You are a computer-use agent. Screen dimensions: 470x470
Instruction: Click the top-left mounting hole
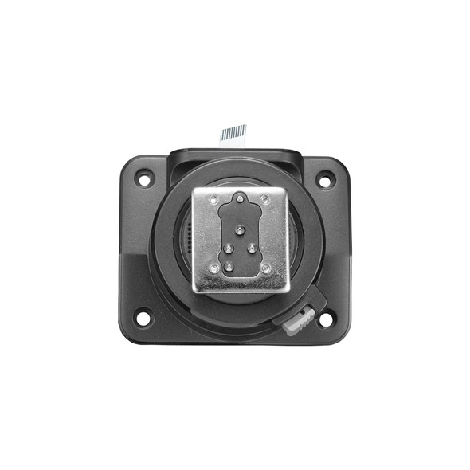click(x=143, y=179)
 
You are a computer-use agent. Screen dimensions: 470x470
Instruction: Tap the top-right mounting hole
click(x=325, y=181)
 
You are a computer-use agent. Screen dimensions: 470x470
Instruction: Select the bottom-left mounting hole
click(x=143, y=319)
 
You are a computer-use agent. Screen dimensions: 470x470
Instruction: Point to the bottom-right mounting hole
click(x=325, y=320)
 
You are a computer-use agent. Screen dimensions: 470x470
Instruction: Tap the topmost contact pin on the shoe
click(x=240, y=198)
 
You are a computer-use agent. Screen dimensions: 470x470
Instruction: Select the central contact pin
click(x=239, y=231)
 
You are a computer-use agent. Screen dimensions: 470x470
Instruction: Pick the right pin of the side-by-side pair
click(x=252, y=249)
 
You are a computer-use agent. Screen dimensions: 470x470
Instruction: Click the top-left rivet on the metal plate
click(x=213, y=199)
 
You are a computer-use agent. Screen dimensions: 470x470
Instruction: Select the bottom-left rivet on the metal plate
click(x=213, y=269)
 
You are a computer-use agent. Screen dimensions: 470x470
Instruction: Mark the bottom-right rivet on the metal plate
click(x=265, y=269)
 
